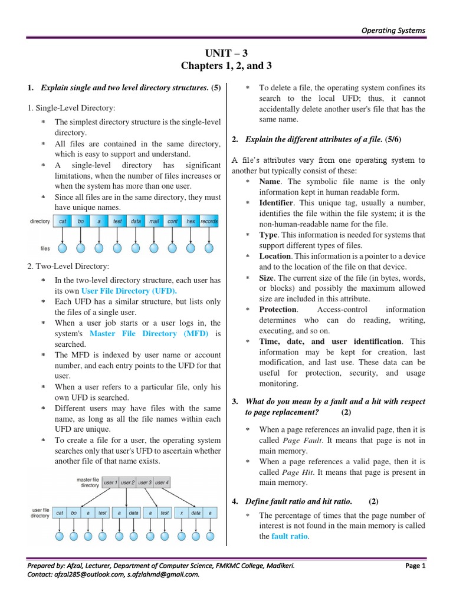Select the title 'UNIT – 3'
click(226, 53)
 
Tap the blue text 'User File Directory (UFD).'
click(129, 291)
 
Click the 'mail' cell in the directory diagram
click(154, 221)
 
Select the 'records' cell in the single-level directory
click(209, 221)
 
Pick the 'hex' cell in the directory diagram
click(191, 221)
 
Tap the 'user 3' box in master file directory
click(145, 482)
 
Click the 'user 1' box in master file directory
click(110, 482)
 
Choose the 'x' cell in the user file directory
click(182, 513)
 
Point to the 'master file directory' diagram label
click(88, 482)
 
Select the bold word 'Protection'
click(278, 309)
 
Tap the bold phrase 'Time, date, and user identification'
click(330, 341)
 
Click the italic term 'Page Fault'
click(300, 441)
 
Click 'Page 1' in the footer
click(415, 565)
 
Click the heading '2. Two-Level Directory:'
click(68, 267)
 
